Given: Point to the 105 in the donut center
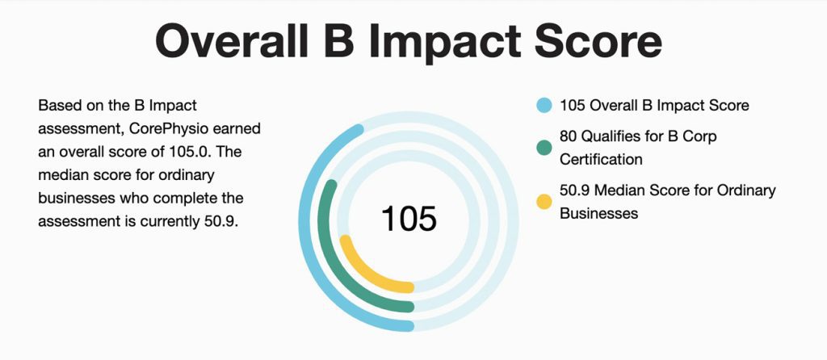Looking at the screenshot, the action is tap(409, 219).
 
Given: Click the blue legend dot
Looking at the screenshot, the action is tap(544, 106).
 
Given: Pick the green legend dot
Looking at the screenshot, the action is tap(544, 148).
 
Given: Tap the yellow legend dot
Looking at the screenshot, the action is tap(544, 201).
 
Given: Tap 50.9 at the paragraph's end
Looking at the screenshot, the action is tap(221, 222).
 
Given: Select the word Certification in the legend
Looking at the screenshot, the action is tap(601, 159).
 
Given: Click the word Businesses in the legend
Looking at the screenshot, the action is tap(598, 213).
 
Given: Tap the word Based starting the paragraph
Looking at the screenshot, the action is tap(57, 106).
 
